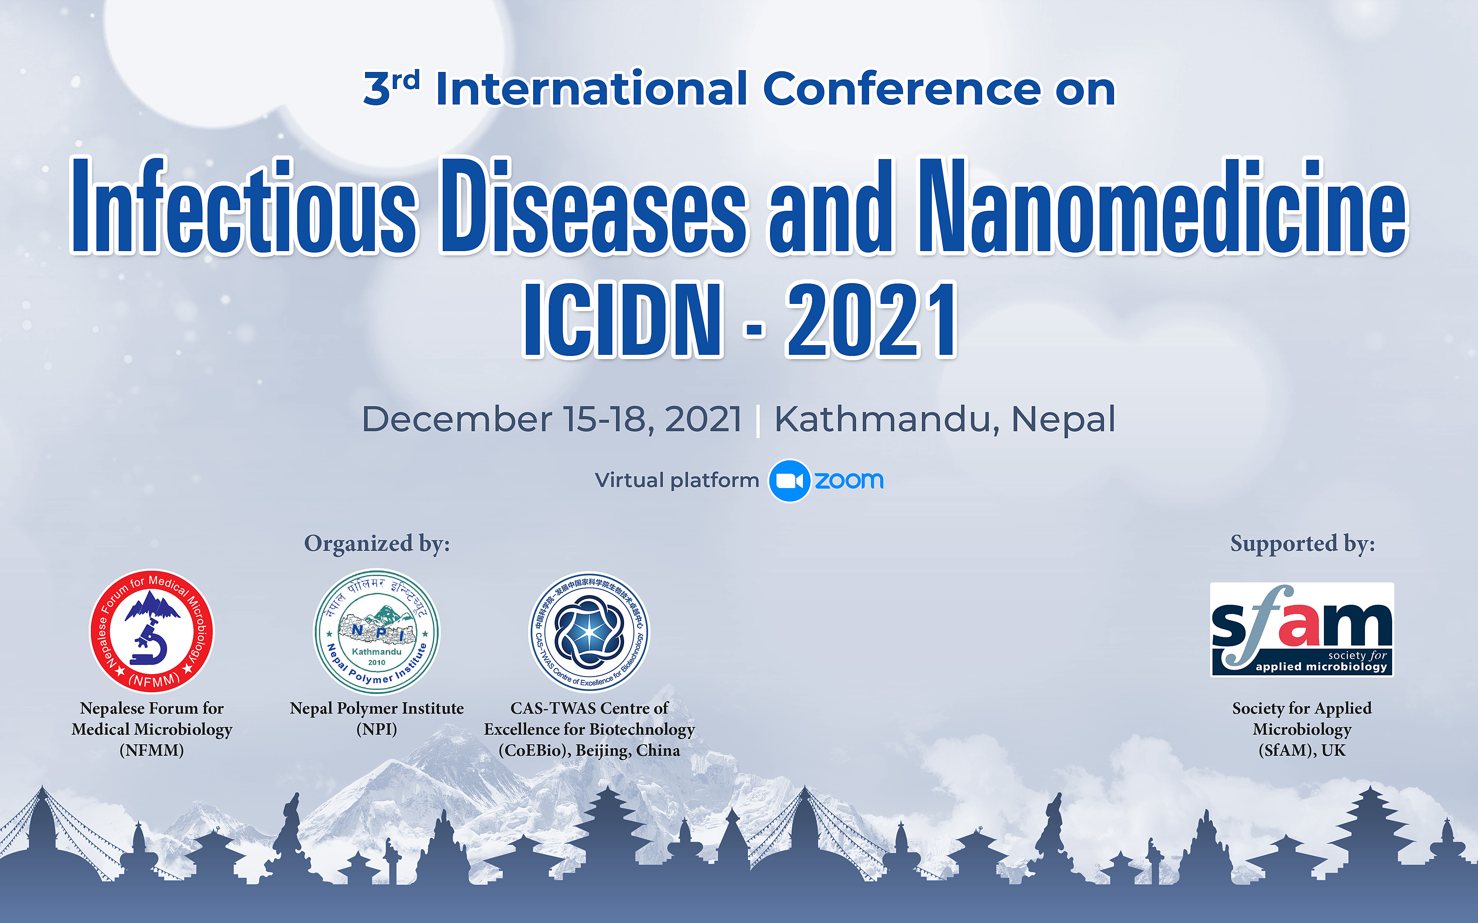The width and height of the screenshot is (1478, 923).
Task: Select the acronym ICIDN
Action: coord(623,319)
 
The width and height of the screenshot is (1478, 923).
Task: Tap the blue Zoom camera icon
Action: coord(789,480)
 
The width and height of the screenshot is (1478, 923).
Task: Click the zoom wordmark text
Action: coord(849,480)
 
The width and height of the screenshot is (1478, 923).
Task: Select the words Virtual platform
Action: coord(677,480)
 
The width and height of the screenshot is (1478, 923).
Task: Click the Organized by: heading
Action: coord(377,543)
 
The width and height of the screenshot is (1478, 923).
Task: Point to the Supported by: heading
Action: coord(1303,543)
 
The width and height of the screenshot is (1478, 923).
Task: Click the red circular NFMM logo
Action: coord(152,631)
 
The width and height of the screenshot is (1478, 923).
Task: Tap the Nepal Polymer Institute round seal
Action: coord(377,631)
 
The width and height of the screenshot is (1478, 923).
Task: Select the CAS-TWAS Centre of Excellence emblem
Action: coord(589,631)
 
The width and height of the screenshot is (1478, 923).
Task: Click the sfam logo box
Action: coord(1302,629)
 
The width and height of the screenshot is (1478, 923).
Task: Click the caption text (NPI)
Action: coord(377,730)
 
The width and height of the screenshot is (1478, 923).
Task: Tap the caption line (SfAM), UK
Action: coord(1302,750)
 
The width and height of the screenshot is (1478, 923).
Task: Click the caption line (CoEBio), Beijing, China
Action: coord(589,750)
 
